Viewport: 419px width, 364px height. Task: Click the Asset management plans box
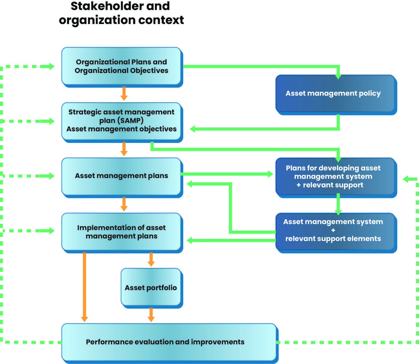coord(121,176)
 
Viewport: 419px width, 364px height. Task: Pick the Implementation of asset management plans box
coord(121,232)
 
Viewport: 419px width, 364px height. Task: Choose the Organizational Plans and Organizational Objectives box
coord(121,66)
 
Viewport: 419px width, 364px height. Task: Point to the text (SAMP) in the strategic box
coord(131,121)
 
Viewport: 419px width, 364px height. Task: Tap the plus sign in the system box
coord(333,230)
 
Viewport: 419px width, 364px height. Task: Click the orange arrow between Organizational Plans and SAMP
coord(124,94)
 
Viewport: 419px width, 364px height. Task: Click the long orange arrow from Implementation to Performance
coord(84,287)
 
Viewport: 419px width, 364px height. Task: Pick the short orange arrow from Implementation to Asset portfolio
coord(151,259)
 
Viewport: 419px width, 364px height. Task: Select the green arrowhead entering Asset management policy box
coord(338,76)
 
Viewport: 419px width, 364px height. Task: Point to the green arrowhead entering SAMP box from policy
coord(193,129)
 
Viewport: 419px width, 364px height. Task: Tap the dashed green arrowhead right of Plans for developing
coord(406,179)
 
